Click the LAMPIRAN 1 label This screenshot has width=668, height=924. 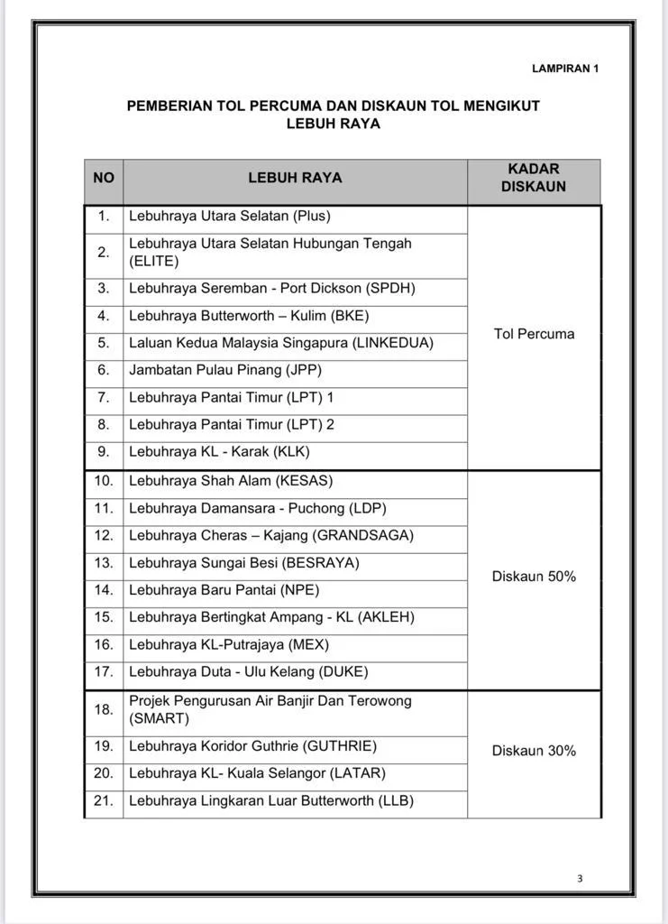coord(565,68)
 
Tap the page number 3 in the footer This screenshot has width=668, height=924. coord(580,878)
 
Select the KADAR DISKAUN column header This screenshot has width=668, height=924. coord(534,178)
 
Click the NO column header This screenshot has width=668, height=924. coord(104,178)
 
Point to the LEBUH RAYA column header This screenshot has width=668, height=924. coord(295,178)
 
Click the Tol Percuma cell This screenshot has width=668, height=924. coord(534,334)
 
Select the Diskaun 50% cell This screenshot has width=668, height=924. coord(534,576)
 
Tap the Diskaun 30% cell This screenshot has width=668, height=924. coord(534,751)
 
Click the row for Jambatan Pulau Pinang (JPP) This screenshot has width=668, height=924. coord(225,370)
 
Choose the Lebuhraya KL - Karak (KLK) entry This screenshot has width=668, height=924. coord(219,451)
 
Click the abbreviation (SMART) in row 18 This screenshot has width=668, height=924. coord(160,718)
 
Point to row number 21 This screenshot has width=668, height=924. coord(104,800)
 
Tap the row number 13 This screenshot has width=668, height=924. coord(104,563)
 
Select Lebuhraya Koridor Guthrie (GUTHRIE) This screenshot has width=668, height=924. coord(252,746)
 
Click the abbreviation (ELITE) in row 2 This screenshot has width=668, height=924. coord(154,262)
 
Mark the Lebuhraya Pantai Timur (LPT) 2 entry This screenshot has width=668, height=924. coord(232,424)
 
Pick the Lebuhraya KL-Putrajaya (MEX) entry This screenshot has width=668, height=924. coord(229,644)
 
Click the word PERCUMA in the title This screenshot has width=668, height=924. coord(285,106)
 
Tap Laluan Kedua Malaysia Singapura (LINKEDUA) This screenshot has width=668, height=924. coord(281,343)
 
